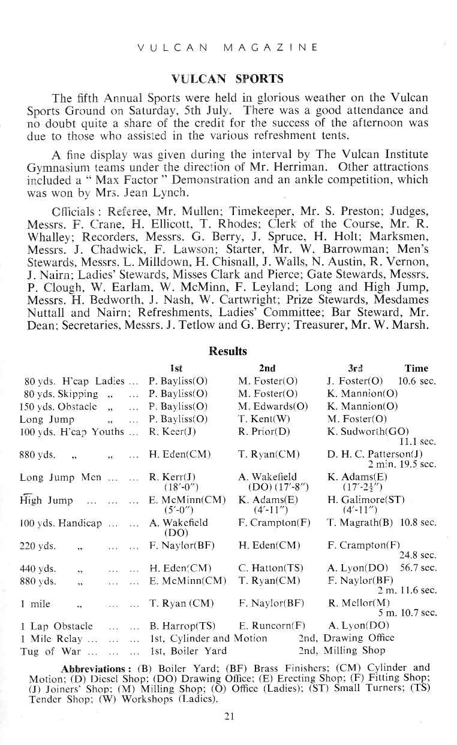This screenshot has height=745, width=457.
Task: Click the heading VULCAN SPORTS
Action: click(227, 79)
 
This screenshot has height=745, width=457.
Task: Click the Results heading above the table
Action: click(227, 351)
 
